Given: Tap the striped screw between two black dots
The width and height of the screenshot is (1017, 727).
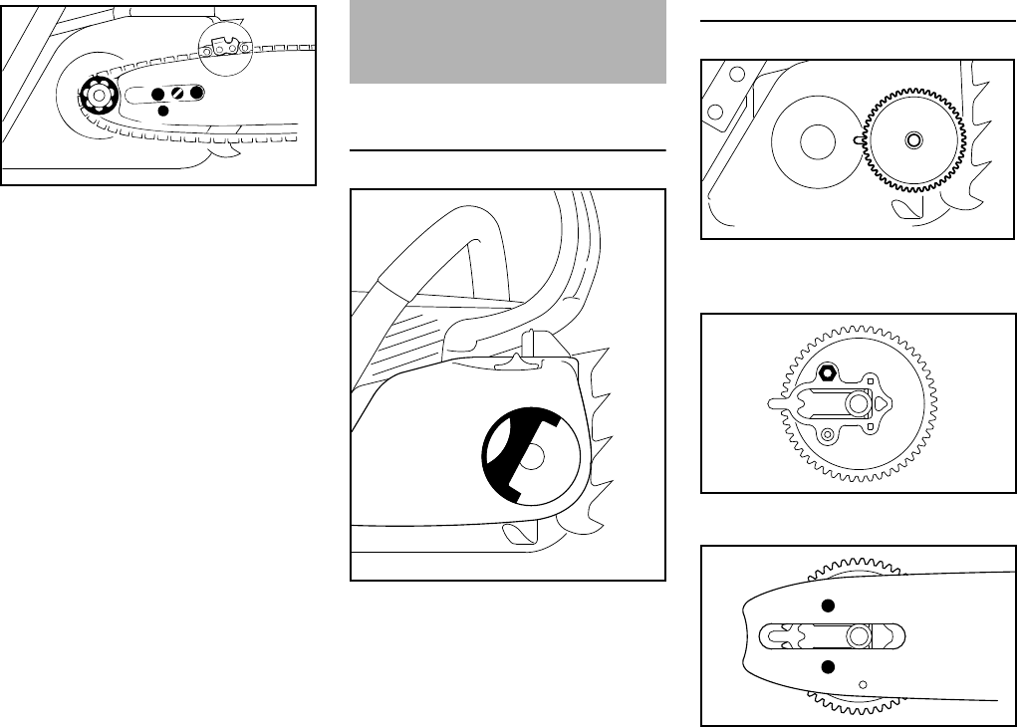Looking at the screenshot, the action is pos(177,93).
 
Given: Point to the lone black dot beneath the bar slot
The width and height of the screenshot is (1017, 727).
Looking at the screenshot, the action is pos(164,111).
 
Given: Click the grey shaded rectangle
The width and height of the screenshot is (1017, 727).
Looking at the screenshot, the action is pos(508,42).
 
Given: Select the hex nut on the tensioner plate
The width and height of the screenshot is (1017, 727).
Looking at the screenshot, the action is pos(826,373).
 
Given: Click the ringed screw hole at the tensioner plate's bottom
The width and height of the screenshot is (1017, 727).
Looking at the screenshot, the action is pos(826,433).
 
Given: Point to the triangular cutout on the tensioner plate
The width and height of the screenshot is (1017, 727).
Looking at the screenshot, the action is pos(882,402).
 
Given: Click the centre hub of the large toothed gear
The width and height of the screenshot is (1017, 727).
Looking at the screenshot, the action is pos(911,140).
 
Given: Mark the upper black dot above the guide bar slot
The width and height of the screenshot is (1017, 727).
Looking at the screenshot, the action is pos(826,606).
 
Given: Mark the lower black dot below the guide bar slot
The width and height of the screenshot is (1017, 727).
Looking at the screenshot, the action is pos(826,666).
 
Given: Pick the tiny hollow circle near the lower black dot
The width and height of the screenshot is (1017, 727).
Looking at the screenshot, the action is pos(863,683).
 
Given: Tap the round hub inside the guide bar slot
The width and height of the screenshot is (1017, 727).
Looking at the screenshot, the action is pos(857,635).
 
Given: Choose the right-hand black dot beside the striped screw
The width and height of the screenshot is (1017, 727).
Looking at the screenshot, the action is pos(197,93).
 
